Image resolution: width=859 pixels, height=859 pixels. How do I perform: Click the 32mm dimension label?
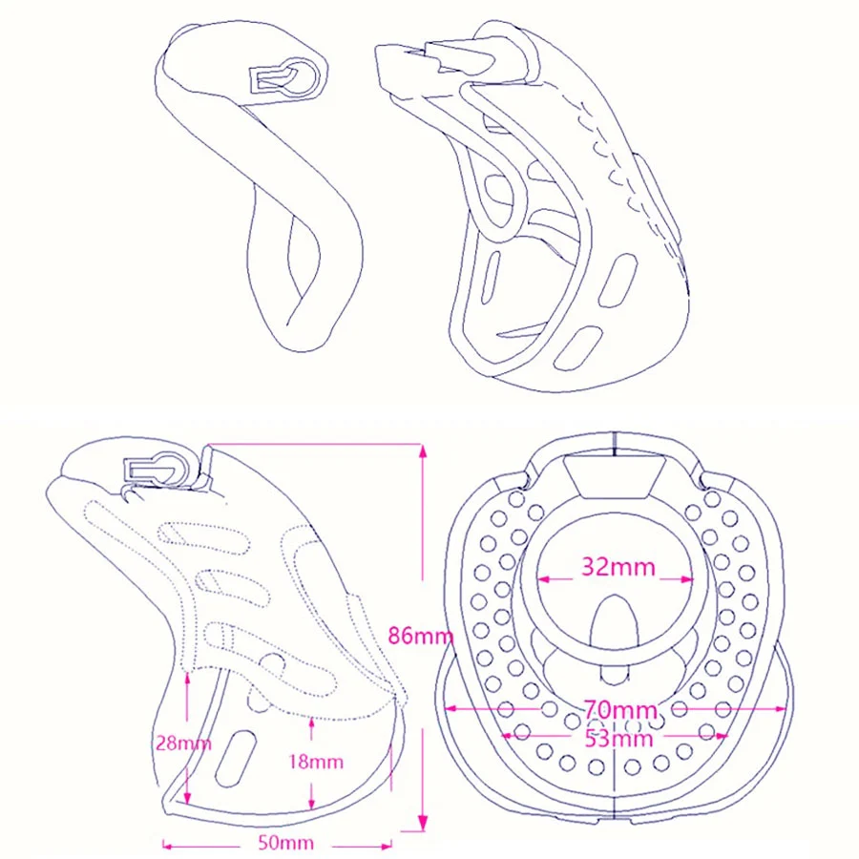click(618, 566)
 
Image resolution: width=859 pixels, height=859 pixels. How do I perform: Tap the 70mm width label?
click(619, 710)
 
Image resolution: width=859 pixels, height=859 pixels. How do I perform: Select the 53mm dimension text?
click(619, 739)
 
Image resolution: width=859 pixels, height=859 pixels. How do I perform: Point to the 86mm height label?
click(421, 636)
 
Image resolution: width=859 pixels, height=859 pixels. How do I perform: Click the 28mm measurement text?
click(183, 744)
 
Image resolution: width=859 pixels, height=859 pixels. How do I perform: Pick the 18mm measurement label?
click(316, 762)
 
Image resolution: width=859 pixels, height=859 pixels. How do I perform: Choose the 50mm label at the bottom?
click(286, 843)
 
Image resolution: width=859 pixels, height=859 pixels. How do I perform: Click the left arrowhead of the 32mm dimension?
click(543, 578)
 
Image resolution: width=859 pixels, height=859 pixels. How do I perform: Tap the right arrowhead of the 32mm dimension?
click(687, 578)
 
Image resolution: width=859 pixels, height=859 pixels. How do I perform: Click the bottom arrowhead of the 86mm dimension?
click(423, 823)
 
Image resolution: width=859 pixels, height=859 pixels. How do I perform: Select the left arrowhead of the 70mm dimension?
click(450, 709)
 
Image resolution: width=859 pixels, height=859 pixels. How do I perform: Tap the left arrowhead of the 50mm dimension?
click(169, 846)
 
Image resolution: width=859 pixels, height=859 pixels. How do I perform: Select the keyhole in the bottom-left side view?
click(157, 469)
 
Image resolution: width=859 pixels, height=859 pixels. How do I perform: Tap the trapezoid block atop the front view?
click(616, 476)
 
